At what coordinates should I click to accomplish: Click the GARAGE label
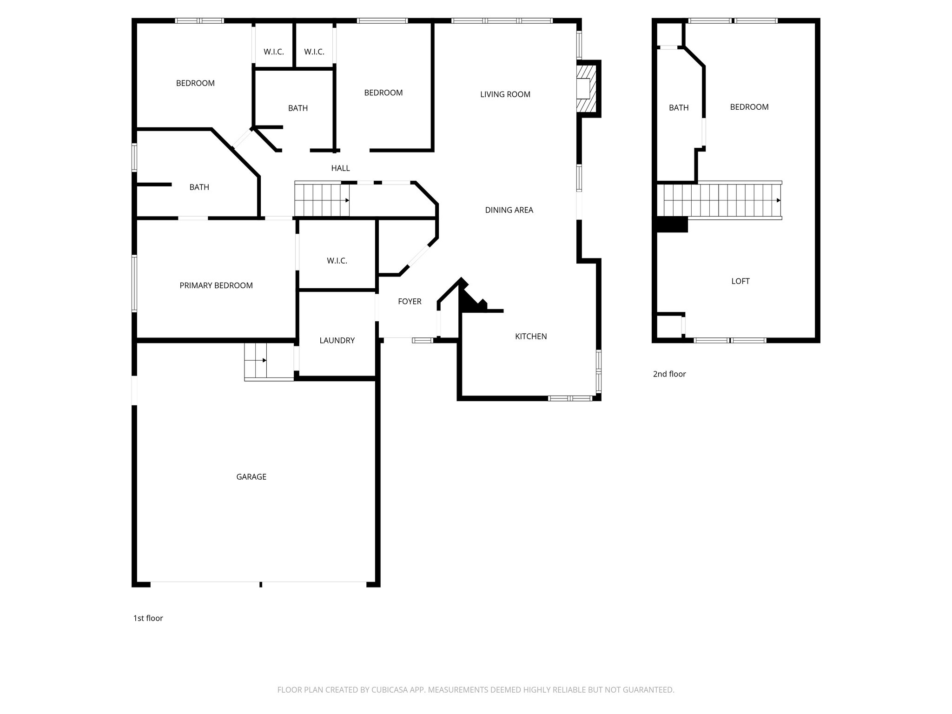[251, 476]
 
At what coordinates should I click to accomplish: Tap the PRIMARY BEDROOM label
[216, 285]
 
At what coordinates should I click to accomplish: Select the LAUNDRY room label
[337, 340]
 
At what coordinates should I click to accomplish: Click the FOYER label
[410, 301]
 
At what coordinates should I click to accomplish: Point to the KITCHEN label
[531, 336]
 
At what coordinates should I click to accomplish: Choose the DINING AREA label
[509, 210]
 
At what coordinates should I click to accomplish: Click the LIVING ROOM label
[505, 94]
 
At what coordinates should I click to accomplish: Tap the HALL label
[340, 168]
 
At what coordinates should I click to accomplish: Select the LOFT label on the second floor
[740, 281]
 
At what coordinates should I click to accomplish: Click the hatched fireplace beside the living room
[587, 88]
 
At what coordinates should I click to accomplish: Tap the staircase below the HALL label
[322, 200]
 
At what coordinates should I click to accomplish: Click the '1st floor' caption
[148, 618]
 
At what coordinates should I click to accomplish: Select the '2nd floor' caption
[669, 374]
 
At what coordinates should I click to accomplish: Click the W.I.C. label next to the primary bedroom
[337, 261]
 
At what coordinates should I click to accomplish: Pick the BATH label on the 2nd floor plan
[679, 107]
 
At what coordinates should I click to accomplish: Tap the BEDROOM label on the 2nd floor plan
[749, 107]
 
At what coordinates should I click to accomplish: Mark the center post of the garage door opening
[261, 584]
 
